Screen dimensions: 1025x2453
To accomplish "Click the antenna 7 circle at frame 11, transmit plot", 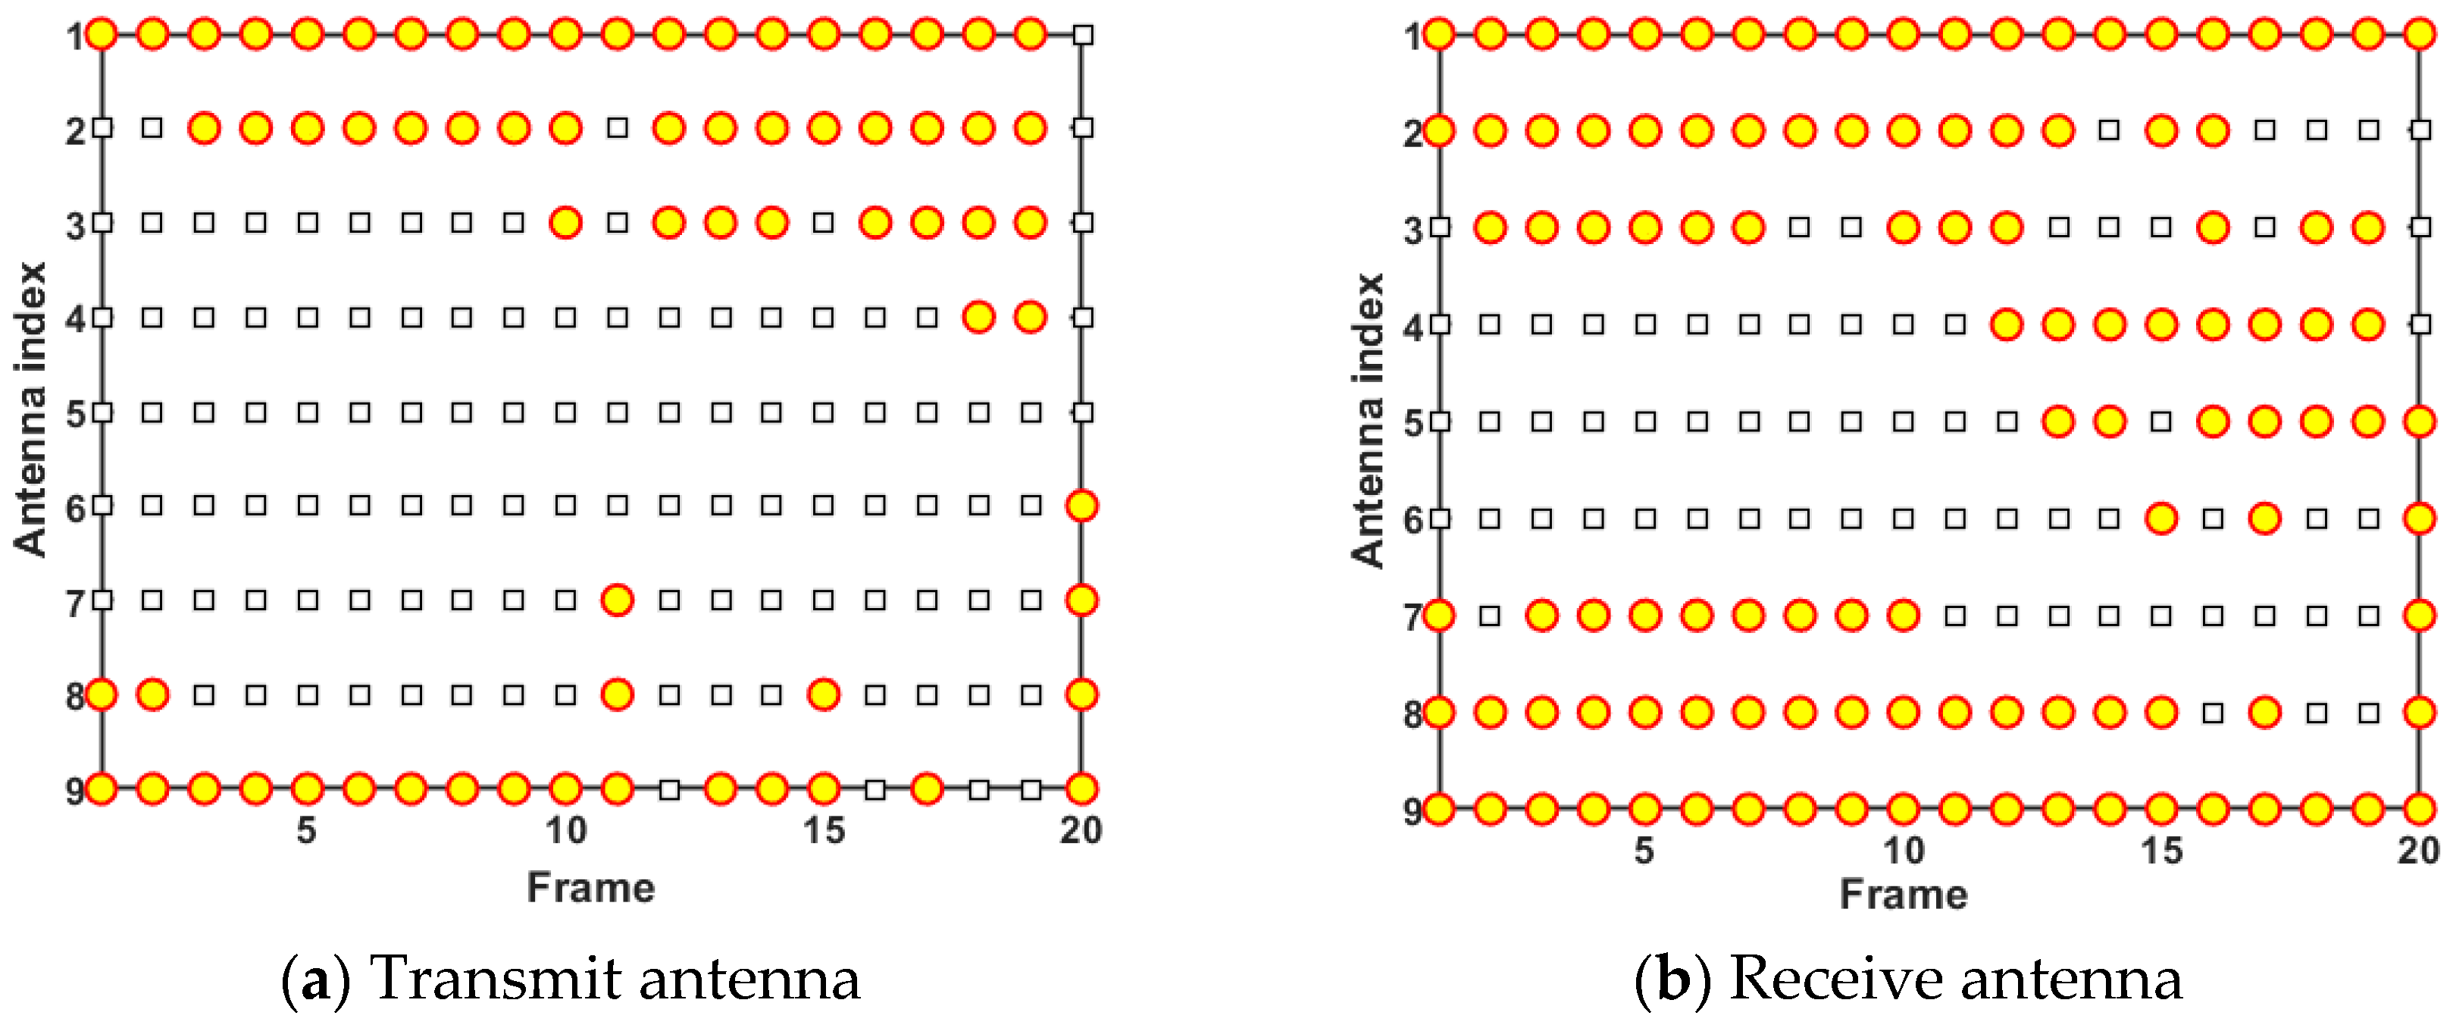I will point(617,600).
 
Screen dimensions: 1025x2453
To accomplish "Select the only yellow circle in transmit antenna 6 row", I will point(1081,506).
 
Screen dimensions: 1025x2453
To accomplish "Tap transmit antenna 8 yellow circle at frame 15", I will point(824,694).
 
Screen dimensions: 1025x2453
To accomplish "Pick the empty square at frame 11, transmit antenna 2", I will point(617,127).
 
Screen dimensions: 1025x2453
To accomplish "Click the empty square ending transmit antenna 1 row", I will point(1081,35).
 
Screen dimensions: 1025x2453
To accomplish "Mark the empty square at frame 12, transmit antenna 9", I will point(669,788).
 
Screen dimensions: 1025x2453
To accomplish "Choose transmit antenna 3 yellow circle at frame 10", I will point(565,223).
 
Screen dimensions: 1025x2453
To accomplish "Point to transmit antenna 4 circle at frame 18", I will point(979,316).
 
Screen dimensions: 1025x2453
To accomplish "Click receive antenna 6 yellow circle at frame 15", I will point(2161,519).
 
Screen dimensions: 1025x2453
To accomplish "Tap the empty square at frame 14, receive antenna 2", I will point(2109,130).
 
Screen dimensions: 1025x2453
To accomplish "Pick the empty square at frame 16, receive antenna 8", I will point(2213,713).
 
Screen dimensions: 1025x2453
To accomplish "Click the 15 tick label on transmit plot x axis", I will point(824,831).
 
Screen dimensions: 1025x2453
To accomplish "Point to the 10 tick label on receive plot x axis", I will point(1903,851).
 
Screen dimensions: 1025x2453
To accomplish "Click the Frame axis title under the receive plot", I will point(1903,895).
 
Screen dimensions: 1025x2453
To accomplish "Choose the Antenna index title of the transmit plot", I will point(30,409).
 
